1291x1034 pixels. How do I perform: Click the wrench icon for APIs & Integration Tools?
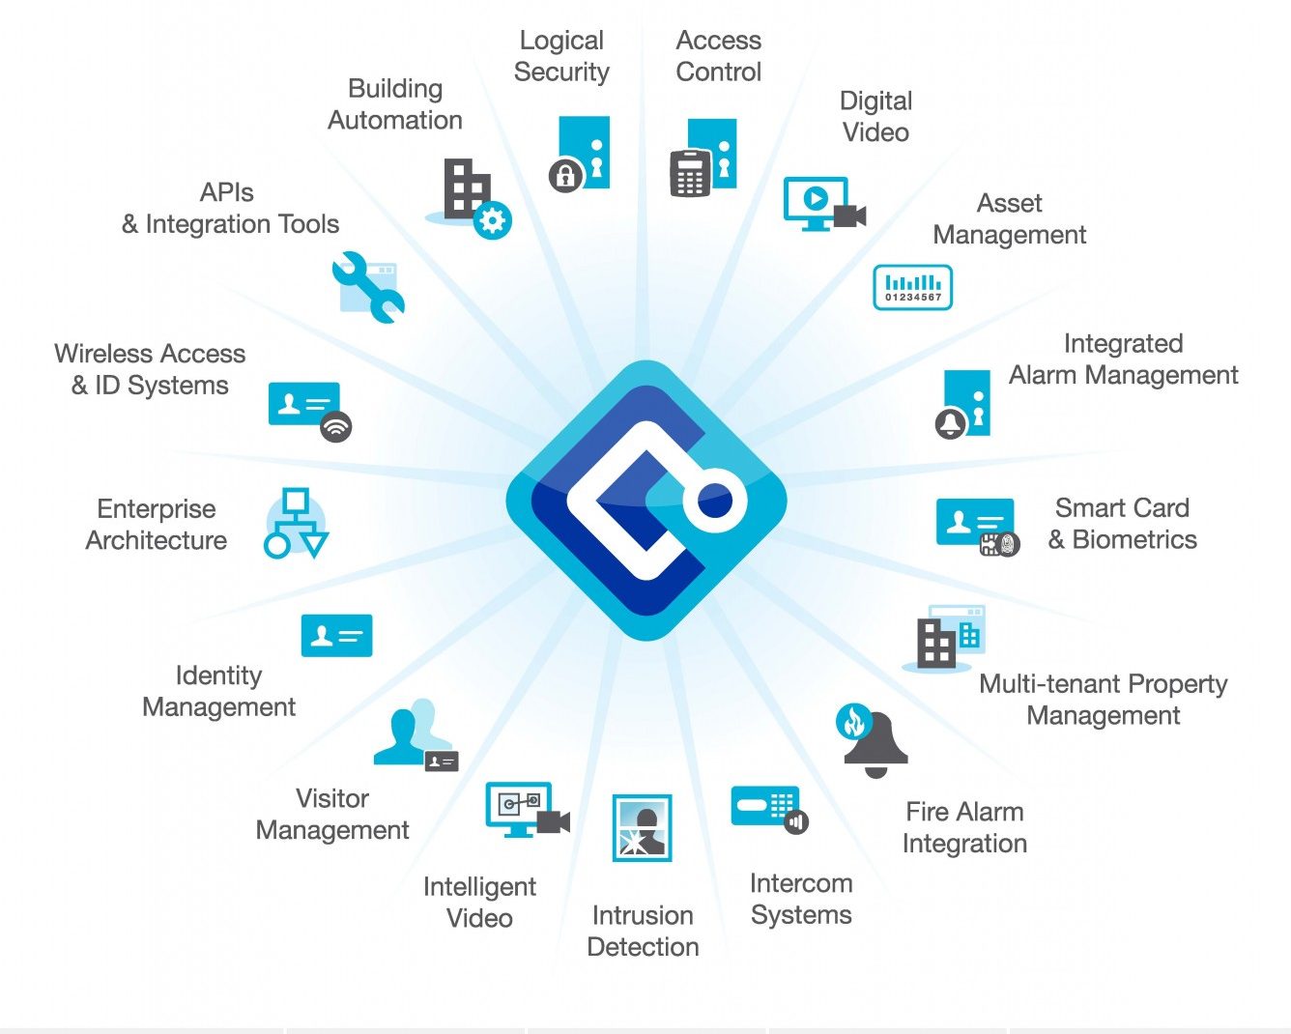[x=368, y=287]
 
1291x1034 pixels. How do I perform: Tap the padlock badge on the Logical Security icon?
[x=565, y=175]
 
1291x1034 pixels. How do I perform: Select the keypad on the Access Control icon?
[x=690, y=173]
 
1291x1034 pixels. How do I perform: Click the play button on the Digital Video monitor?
[x=816, y=197]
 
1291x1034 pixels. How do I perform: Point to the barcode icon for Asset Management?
[x=912, y=287]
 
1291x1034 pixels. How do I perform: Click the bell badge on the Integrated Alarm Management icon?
[x=950, y=423]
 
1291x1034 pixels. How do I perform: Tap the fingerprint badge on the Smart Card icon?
[x=1007, y=544]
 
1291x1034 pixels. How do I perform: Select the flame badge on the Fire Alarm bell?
[x=853, y=721]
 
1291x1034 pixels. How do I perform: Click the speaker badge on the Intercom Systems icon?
[x=796, y=821]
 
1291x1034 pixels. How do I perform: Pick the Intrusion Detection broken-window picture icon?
[x=642, y=827]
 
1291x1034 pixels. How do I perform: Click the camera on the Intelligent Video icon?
[x=553, y=821]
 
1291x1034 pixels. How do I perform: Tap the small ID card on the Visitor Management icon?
[x=442, y=761]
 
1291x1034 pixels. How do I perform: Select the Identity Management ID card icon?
[x=336, y=635]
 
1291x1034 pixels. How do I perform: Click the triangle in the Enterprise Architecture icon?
[x=314, y=544]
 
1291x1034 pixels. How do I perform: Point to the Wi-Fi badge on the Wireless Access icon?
[x=336, y=427]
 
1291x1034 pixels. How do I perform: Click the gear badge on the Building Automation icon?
[x=493, y=220]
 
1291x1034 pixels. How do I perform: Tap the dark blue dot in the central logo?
[x=715, y=500]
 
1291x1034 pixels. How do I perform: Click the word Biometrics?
[x=1134, y=539]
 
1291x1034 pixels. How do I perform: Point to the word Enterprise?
[x=157, y=509]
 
